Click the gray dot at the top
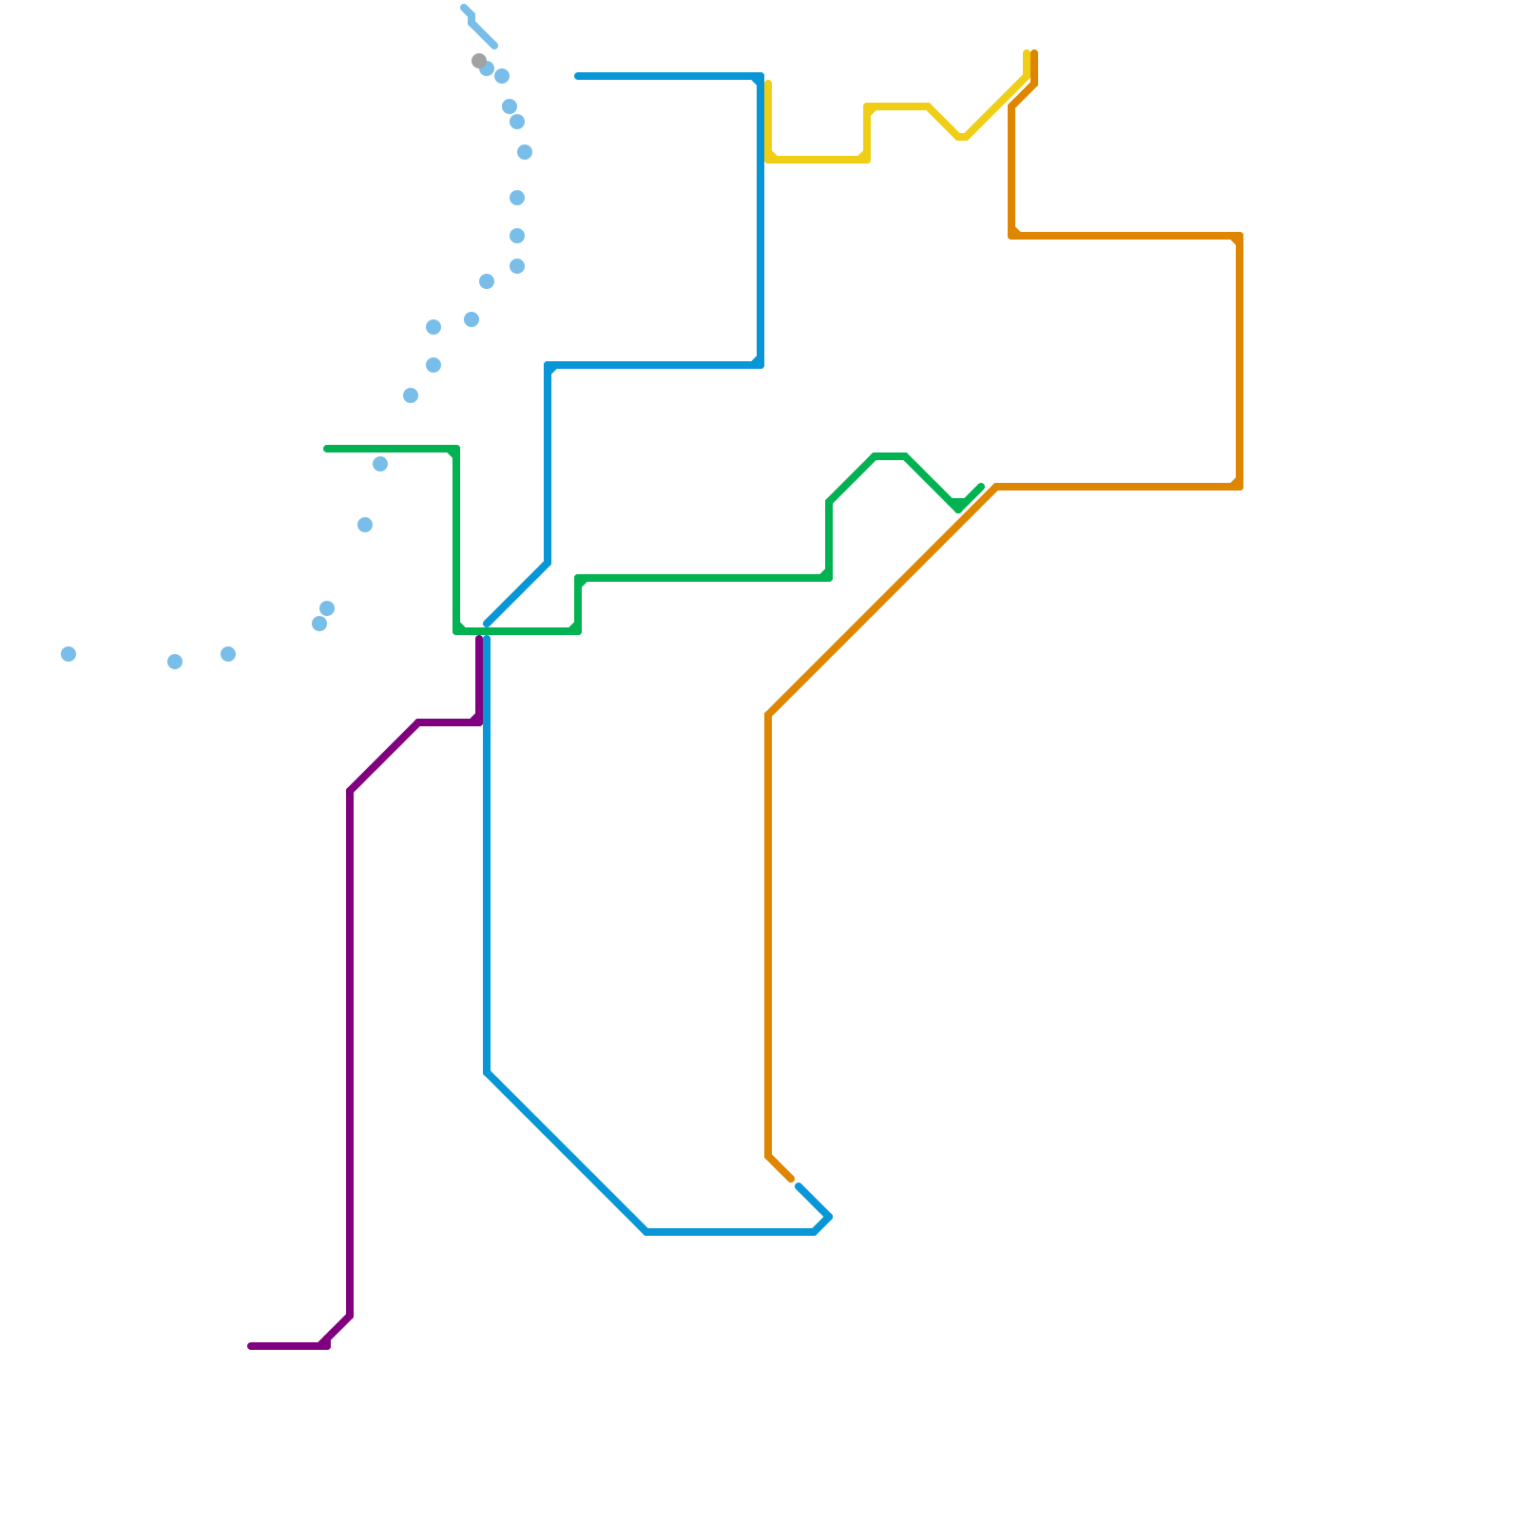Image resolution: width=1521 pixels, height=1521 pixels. (479, 61)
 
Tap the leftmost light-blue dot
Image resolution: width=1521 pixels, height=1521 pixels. (68, 654)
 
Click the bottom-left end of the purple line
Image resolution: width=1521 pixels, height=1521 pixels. (251, 1346)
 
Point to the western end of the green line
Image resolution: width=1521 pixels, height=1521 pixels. (327, 449)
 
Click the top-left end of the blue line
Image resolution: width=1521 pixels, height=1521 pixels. (578, 76)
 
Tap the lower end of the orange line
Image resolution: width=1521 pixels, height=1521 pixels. (790, 1179)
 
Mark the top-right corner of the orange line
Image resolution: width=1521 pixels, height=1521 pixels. (1240, 236)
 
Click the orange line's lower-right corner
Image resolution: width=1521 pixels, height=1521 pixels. (1240, 487)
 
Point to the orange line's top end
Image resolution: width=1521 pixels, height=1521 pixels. (1034, 53)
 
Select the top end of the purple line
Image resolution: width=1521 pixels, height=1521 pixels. (479, 639)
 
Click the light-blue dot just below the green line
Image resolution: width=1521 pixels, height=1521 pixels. (380, 464)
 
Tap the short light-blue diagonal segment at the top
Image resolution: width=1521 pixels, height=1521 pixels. (482, 32)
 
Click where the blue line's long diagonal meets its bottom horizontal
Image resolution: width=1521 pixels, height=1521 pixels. (646, 1232)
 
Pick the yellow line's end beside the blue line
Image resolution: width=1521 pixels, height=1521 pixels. (768, 84)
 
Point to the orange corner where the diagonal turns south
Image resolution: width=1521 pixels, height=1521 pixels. (768, 715)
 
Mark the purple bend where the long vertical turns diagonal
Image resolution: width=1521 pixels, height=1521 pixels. (350, 791)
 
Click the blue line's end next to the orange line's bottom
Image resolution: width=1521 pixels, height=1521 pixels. (799, 1186)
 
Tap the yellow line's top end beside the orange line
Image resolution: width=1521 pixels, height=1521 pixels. (1027, 53)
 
